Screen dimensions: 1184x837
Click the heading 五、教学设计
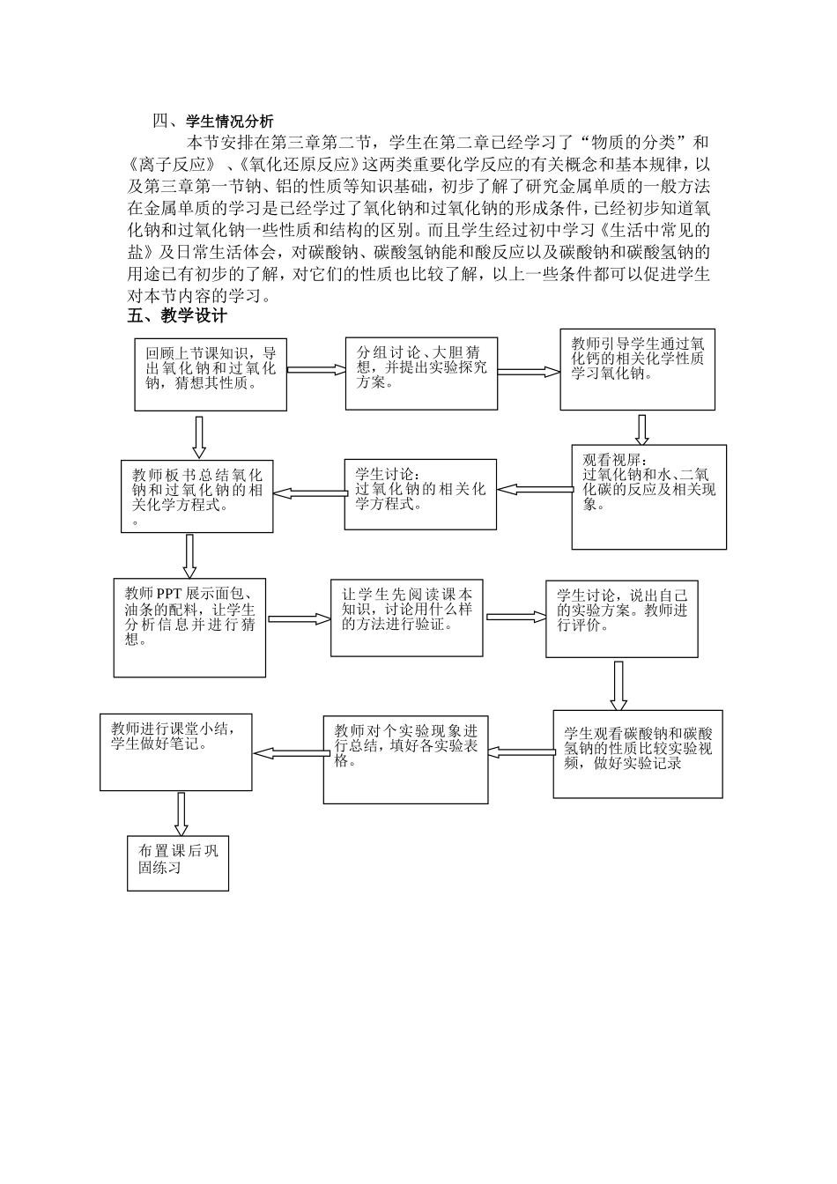click(177, 316)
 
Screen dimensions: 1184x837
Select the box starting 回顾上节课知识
click(211, 374)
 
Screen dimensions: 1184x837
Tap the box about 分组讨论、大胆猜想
click(421, 373)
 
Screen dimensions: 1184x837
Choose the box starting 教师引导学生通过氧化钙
click(637, 369)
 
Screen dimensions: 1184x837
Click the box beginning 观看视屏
click(648, 496)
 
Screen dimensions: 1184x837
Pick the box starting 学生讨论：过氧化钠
click(420, 494)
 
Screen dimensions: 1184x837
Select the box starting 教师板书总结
click(197, 496)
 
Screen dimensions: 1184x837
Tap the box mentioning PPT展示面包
click(189, 627)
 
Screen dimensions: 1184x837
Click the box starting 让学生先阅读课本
click(406, 618)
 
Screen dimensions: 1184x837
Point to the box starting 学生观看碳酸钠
click(637, 754)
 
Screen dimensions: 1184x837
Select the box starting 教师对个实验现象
click(405, 758)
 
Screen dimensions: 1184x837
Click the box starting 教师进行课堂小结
click(176, 751)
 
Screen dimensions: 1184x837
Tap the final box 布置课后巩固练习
click(178, 862)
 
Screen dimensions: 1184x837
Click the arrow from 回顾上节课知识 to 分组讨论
click(315, 370)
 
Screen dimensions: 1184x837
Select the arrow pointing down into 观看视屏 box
click(642, 429)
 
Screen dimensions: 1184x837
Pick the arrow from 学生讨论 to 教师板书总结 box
click(308, 492)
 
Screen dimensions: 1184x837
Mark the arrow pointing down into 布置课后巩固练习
click(181, 813)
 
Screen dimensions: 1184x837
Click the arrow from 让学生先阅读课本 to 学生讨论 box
click(515, 617)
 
